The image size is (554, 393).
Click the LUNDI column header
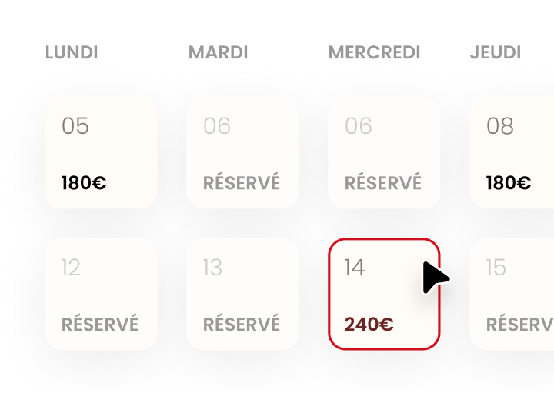[x=72, y=53]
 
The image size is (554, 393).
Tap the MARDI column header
[x=219, y=53]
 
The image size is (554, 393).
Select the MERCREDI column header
[x=375, y=53]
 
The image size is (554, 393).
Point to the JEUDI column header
[x=496, y=53]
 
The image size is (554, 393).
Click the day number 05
[x=75, y=125]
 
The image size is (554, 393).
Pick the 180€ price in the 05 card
[x=84, y=183]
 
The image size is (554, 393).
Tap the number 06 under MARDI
[x=217, y=125]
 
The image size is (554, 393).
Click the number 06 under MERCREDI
[x=359, y=125]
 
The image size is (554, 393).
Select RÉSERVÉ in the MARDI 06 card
[x=242, y=183]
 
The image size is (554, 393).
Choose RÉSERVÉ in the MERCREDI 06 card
[x=383, y=183]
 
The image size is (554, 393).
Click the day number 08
[x=500, y=125]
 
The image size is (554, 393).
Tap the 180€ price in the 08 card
[x=509, y=183]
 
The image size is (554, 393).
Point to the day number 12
[x=71, y=267]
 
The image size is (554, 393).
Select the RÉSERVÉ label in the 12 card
[x=100, y=325]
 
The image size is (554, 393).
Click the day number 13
[x=212, y=267]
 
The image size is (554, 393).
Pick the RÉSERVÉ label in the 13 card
[x=242, y=325]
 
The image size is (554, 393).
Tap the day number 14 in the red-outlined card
[x=355, y=267]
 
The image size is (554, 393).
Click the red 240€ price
[x=369, y=325]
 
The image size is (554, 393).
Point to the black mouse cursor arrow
[x=436, y=278]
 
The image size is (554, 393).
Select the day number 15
[x=496, y=267]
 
